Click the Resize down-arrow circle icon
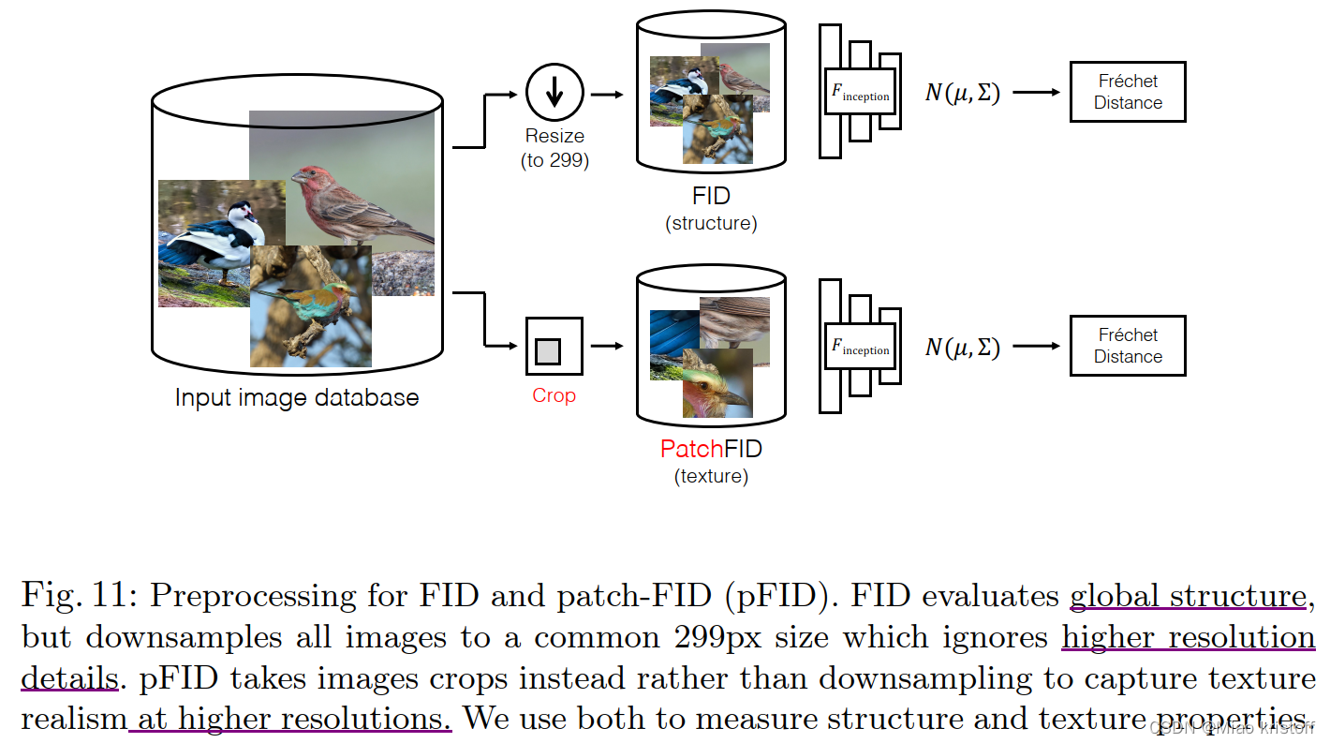pos(554,93)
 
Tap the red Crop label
pos(554,395)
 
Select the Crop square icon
pos(554,346)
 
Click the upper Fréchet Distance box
pos(1128,92)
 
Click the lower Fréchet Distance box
pos(1128,346)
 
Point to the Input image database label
pos(297,397)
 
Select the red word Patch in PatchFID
pos(691,449)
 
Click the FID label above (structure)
pos(711,197)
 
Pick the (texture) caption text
pos(711,476)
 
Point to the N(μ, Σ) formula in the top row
pos(963,93)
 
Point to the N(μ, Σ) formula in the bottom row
pos(963,348)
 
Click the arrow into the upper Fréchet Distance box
pos(1036,93)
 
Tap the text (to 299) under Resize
pos(554,160)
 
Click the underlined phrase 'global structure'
pos(1188,596)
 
